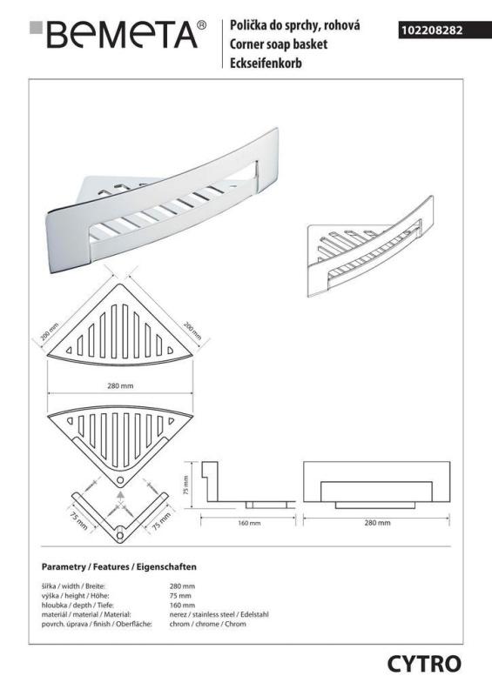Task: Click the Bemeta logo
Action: coord(118,34)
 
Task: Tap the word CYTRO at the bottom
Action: coord(424,665)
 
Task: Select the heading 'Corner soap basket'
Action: coord(279,44)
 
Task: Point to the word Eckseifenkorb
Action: coord(266,63)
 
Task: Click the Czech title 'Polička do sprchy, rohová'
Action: coord(294,26)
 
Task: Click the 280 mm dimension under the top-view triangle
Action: coord(120,385)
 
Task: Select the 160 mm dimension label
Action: coord(249,523)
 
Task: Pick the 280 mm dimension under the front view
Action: coord(377,523)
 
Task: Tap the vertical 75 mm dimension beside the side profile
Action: coord(185,485)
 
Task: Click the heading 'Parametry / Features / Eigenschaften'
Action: coord(118,567)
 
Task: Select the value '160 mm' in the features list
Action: coord(182,605)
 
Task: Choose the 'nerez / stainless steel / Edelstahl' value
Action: coord(219,615)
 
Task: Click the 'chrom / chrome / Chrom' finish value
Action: coord(207,624)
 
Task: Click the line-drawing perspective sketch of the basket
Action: coord(370,246)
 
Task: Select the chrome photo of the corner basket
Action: coord(162,200)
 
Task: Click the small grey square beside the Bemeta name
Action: coord(36,27)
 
